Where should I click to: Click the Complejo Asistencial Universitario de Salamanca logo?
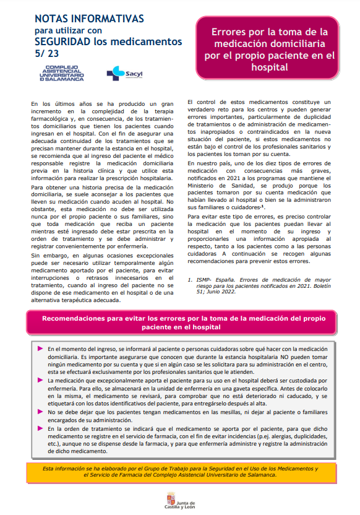coord(61,73)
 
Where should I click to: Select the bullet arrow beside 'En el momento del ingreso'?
coord(40,348)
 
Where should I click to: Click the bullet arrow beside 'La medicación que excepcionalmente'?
coord(40,379)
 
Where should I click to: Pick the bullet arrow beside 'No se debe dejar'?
coord(40,411)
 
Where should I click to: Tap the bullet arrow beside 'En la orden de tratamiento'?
coord(40,427)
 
